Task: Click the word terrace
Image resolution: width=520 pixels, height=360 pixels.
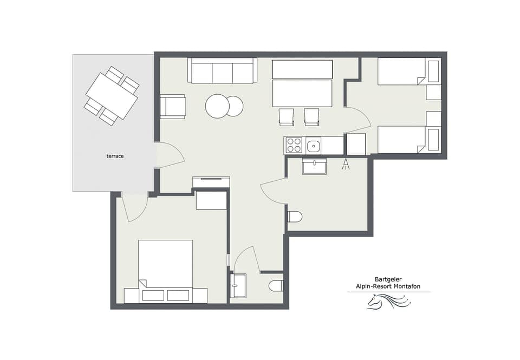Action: [x=115, y=156]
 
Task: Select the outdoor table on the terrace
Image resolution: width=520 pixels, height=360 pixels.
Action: [x=112, y=96]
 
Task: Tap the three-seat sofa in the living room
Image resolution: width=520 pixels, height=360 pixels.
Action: [x=223, y=71]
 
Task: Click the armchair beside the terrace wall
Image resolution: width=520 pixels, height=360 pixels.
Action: [x=173, y=106]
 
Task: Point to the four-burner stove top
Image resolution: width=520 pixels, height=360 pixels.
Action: [x=294, y=145]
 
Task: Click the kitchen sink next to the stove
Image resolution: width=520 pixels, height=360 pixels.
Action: [x=314, y=145]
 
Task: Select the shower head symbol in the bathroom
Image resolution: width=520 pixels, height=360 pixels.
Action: [x=346, y=164]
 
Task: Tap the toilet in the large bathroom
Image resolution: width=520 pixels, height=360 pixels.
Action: [x=294, y=217]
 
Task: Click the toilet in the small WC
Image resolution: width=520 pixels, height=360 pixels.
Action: [x=276, y=285]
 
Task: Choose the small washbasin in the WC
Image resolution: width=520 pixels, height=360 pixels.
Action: [x=238, y=285]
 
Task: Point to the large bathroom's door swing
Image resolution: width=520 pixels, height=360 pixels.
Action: [x=274, y=192]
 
